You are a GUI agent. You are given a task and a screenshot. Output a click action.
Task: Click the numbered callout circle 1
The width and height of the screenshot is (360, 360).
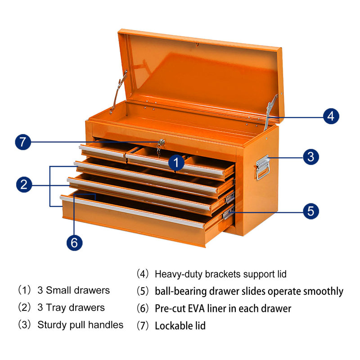point(177,163)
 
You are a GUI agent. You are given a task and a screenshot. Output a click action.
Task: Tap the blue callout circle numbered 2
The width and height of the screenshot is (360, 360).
point(26,184)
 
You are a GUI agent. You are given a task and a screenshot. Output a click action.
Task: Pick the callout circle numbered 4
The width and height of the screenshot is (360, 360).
point(330,116)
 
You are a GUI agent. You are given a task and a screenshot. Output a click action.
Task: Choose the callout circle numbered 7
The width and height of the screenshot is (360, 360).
point(23,143)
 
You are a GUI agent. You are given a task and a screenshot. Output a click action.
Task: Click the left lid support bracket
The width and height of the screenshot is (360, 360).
point(118,91)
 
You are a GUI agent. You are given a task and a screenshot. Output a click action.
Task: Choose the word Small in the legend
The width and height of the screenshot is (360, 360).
point(58,290)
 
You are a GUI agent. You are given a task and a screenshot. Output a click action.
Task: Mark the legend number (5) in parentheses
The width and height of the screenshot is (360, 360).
point(143,291)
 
